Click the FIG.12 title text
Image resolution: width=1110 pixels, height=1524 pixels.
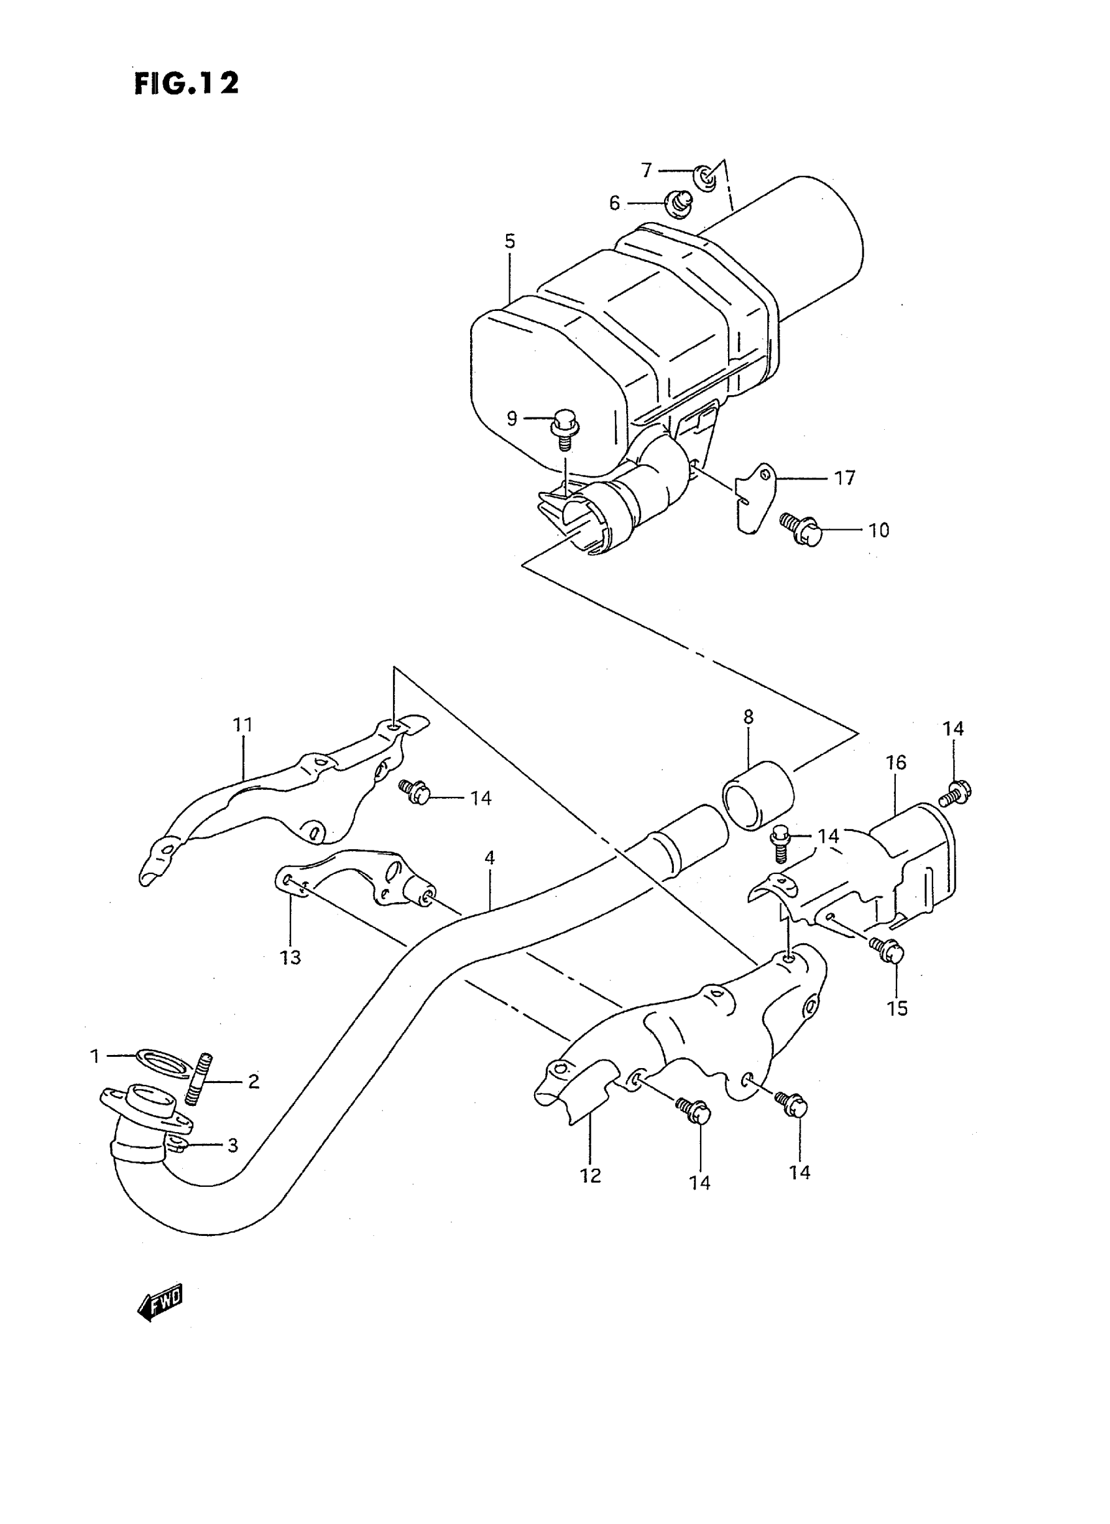click(x=186, y=84)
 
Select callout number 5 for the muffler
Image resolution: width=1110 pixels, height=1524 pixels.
click(x=510, y=241)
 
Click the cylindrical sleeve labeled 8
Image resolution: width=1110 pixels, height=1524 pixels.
click(x=757, y=796)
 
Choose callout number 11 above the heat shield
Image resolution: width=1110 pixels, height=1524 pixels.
click(x=242, y=725)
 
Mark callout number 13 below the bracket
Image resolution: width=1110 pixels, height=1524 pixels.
click(x=291, y=957)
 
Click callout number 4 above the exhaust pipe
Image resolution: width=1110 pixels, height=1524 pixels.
click(x=490, y=858)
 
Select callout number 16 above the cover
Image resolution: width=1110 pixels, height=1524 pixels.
click(x=896, y=763)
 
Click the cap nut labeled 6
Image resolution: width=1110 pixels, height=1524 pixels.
click(x=678, y=203)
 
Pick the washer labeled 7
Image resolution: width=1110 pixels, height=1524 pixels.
click(x=704, y=176)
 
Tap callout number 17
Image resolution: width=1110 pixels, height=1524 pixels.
click(x=845, y=478)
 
